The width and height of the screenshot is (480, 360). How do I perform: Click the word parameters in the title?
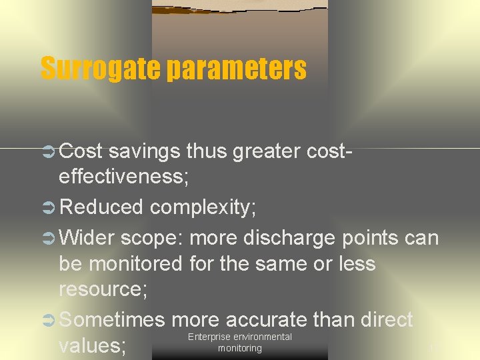click(237, 69)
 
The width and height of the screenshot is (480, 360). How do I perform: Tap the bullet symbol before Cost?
click(48, 151)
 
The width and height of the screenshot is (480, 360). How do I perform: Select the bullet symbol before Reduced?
click(48, 207)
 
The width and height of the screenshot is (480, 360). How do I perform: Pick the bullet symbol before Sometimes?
click(48, 320)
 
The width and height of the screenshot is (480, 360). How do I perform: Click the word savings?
click(144, 151)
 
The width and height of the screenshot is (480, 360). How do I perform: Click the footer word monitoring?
click(239, 348)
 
